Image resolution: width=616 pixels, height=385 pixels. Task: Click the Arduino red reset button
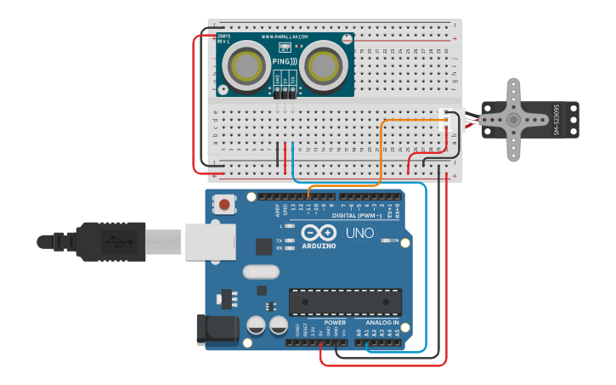(224, 204)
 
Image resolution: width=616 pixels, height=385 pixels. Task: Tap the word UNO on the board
(359, 232)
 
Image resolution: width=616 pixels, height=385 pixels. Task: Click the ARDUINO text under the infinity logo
(319, 246)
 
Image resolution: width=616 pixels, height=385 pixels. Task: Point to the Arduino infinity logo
(318, 232)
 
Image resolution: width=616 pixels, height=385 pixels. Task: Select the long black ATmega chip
(345, 302)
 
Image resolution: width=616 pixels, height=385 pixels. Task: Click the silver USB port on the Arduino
(209, 241)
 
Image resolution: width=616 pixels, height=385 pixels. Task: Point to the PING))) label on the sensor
(285, 62)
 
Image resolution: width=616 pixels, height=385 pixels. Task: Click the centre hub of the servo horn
(513, 120)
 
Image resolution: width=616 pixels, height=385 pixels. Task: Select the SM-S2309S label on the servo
(557, 120)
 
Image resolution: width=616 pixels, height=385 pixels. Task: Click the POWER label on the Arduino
(335, 323)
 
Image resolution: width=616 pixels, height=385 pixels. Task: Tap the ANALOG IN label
(381, 323)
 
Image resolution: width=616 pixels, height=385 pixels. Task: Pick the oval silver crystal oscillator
(260, 272)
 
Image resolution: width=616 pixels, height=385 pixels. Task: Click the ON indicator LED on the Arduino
(384, 241)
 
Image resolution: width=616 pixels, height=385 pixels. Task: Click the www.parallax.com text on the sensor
(285, 37)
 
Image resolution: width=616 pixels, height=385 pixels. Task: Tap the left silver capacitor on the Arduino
(256, 325)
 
